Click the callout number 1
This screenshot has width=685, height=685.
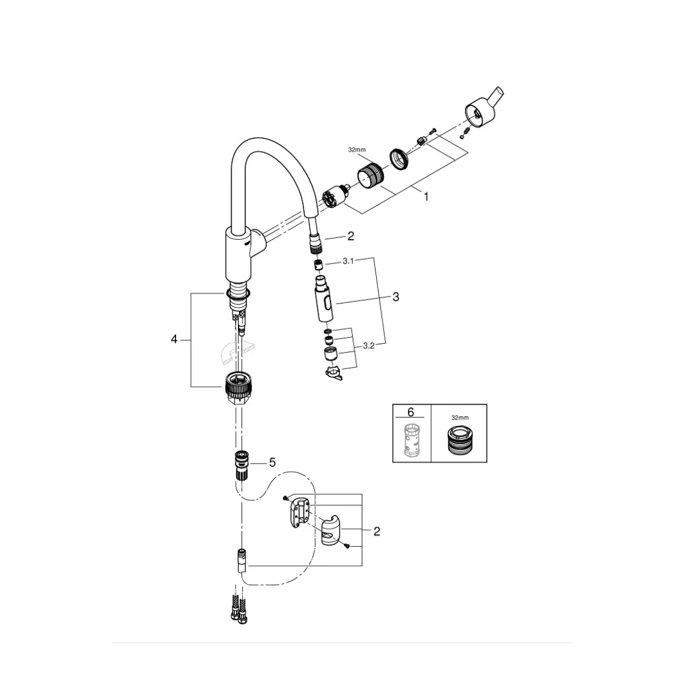tap(426, 197)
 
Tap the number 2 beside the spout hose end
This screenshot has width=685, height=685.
tap(351, 236)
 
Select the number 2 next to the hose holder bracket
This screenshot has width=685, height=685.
tap(376, 531)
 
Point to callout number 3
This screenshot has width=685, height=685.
tap(396, 296)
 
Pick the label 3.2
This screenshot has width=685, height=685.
tap(368, 346)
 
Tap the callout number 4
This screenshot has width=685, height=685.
tap(174, 339)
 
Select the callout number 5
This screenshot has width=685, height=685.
tap(272, 462)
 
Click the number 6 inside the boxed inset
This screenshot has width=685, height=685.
tap(411, 412)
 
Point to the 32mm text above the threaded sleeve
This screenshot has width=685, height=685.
tap(357, 150)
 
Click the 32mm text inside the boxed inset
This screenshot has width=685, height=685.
tap(458, 417)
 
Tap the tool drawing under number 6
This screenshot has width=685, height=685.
tap(412, 439)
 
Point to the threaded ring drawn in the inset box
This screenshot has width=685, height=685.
tap(458, 440)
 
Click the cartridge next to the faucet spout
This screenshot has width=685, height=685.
tap(334, 197)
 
